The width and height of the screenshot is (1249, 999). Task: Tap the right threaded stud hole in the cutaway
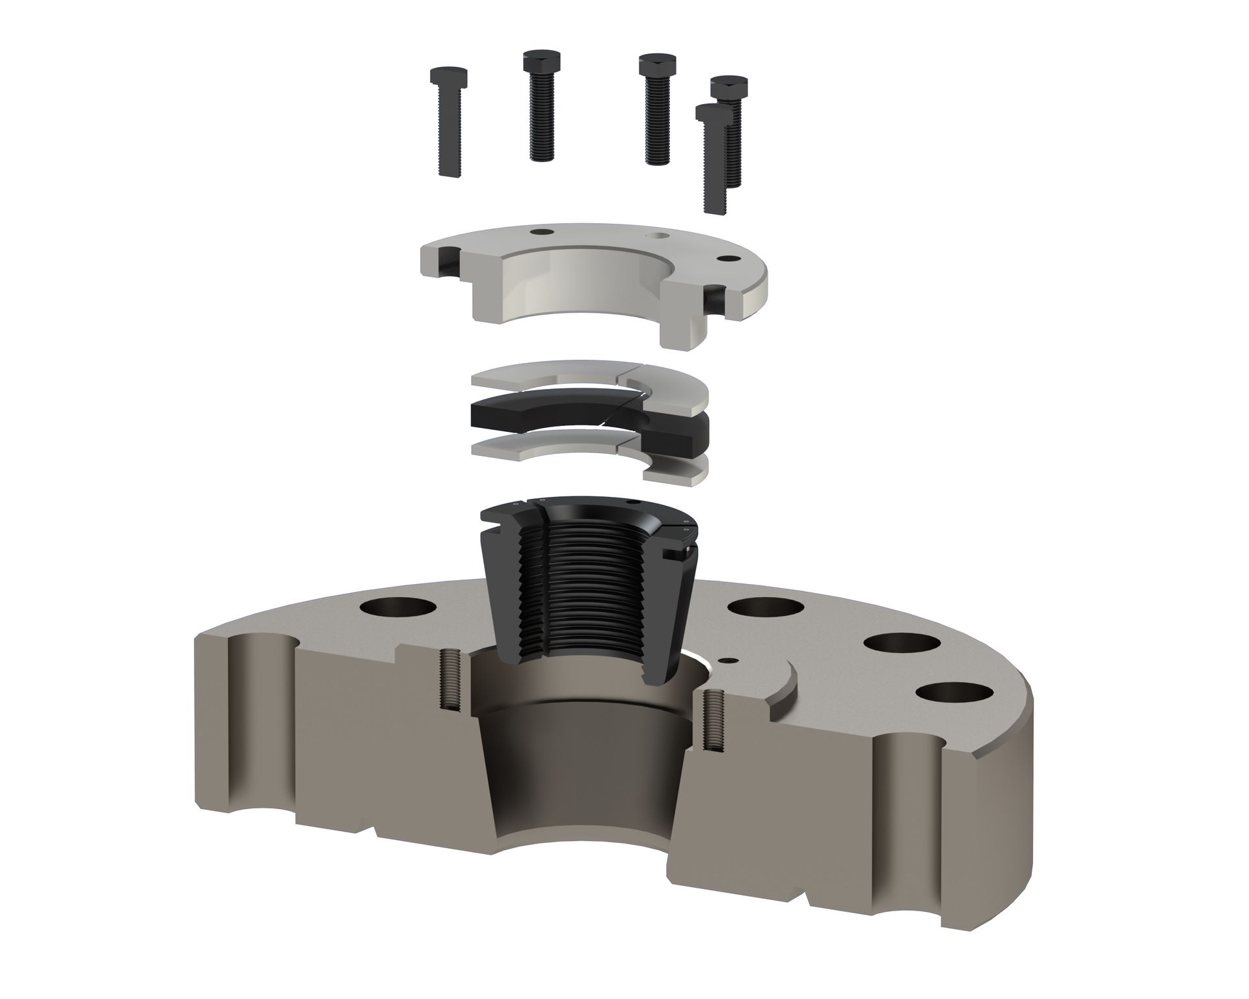[712, 722]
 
